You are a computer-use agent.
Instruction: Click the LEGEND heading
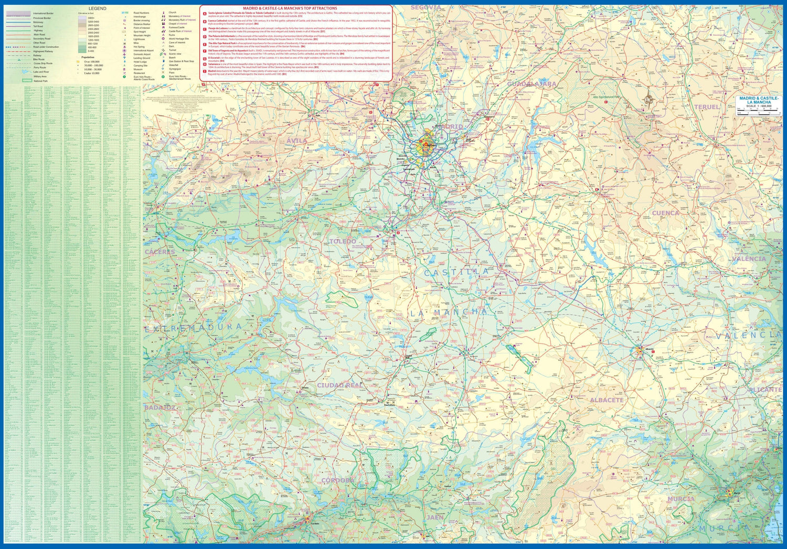pyautogui.click(x=97, y=8)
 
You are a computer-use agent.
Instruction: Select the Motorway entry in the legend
pyautogui.click(x=38, y=22)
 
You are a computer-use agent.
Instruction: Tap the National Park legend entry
pyautogui.click(x=41, y=81)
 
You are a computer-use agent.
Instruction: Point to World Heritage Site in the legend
pyautogui.click(x=179, y=39)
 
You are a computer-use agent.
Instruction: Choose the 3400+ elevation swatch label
pyautogui.click(x=91, y=18)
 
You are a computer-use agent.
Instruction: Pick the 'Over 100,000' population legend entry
pyautogui.click(x=91, y=62)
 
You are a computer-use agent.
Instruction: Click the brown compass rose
pyautogui.click(x=650, y=97)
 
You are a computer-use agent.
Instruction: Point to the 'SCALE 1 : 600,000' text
pyautogui.click(x=759, y=106)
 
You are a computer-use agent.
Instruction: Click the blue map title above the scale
pyautogui.click(x=759, y=100)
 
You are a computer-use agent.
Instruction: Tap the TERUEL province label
pyautogui.click(x=707, y=107)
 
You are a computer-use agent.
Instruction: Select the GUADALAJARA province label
pyautogui.click(x=531, y=84)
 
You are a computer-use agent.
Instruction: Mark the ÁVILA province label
pyautogui.click(x=297, y=141)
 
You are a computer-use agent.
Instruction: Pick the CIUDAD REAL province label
pyautogui.click(x=339, y=385)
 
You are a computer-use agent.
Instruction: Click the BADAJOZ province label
pyautogui.click(x=160, y=407)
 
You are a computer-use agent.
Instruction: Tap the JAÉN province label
pyautogui.click(x=435, y=518)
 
